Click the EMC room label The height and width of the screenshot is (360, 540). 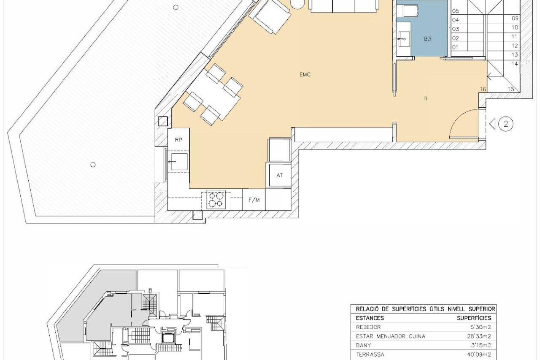(305, 75)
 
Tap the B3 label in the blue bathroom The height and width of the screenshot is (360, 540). (427, 38)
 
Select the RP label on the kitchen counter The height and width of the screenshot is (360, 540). (178, 140)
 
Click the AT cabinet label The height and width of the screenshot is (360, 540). (279, 175)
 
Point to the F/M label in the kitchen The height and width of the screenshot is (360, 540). (254, 200)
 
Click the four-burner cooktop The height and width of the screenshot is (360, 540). (216, 199)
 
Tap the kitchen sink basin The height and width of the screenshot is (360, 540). (179, 162)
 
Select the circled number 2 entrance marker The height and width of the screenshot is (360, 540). (505, 124)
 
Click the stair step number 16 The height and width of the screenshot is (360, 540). (483, 89)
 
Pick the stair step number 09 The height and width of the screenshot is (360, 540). (515, 18)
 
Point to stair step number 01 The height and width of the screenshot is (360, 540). (455, 48)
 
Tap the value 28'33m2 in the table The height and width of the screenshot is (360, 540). (479, 336)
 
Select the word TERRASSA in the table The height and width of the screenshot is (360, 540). (370, 355)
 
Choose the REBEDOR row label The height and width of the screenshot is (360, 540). (368, 327)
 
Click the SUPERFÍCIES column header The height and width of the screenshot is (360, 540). (474, 318)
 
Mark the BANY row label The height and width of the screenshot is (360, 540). (363, 345)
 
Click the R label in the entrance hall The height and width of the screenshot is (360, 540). (426, 98)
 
